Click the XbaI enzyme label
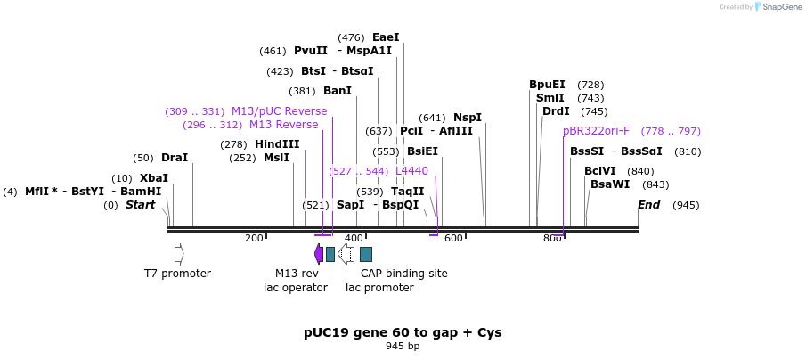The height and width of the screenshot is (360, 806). pos(154,178)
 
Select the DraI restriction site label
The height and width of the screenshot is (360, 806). pos(175,158)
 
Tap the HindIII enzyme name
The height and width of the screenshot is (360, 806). pos(277,144)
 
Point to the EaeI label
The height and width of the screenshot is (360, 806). pos(386,37)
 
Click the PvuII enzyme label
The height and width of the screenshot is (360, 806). pos(311,51)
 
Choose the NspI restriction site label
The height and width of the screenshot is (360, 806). pos(468,118)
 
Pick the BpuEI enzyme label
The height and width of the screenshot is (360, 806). pos(547,85)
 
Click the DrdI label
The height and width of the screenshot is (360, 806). pos(556,111)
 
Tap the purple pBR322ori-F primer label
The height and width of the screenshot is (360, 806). pos(596,131)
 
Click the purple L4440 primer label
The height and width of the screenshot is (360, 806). pos(411,171)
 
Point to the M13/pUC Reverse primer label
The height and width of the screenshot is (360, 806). pos(279,111)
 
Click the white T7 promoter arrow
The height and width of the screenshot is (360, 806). pos(179,254)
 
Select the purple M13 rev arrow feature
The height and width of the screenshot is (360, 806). pos(319,254)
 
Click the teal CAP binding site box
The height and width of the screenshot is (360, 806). pos(366,254)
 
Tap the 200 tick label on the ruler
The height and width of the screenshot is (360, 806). pos(254,238)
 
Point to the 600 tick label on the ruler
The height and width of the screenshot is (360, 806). pos(453,238)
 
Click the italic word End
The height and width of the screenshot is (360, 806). pos(648,205)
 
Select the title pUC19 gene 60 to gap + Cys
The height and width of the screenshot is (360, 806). pos(403,332)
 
